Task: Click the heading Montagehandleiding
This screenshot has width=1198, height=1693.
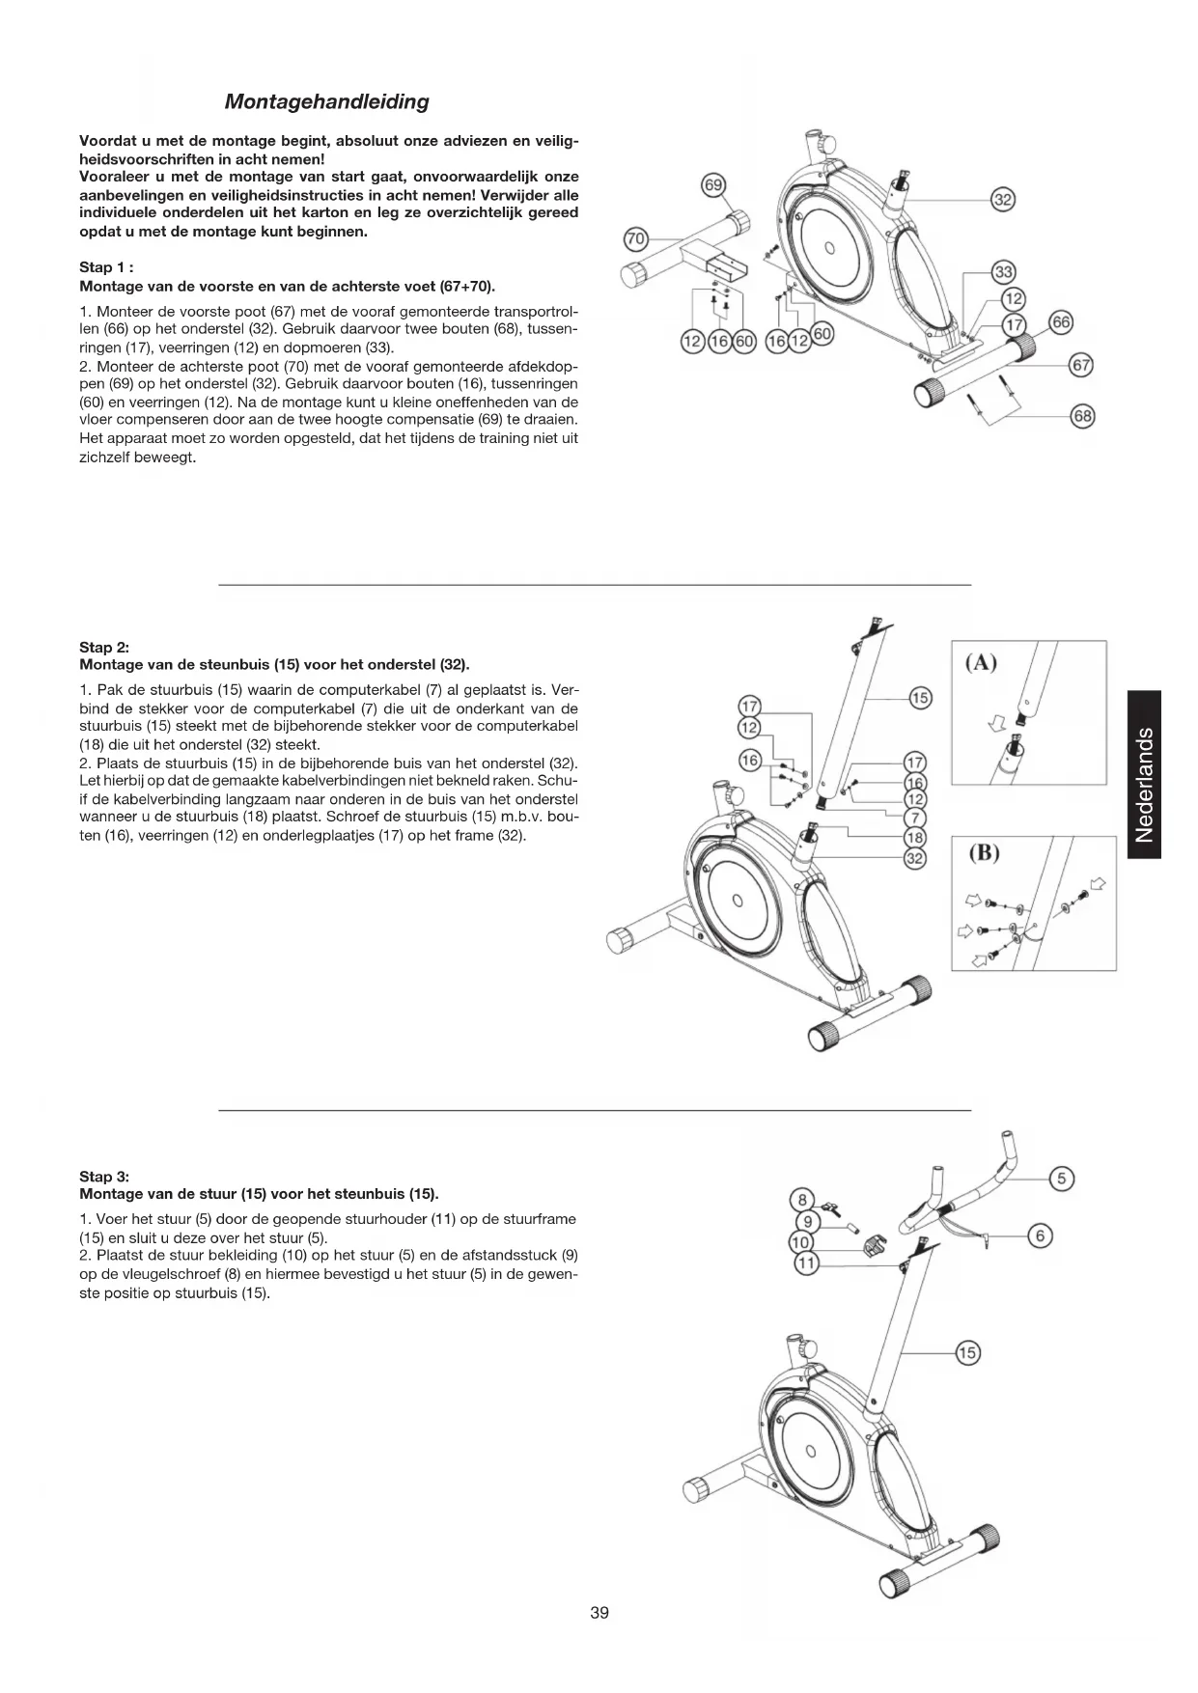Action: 326,101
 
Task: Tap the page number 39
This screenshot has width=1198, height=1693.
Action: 599,1613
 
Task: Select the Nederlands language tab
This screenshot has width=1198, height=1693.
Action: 1144,774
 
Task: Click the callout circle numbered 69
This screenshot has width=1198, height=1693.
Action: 712,185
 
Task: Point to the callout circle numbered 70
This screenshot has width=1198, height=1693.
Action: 635,237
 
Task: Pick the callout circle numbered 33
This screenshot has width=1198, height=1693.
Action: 1004,273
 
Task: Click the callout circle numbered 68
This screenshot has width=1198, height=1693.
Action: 1083,416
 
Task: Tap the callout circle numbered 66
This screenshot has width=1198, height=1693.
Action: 1061,321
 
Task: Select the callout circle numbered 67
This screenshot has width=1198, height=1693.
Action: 1083,365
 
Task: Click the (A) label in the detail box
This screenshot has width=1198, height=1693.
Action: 981,662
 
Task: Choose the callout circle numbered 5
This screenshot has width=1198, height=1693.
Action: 1062,1178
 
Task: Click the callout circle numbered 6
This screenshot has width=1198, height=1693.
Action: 1040,1235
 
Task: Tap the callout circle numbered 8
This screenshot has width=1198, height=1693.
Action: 802,1201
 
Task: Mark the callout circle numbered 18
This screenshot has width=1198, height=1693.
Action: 914,837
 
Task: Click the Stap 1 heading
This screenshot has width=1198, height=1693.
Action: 105,267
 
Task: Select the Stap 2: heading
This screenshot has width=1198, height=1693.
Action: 104,648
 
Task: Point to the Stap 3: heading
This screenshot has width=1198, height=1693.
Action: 104,1177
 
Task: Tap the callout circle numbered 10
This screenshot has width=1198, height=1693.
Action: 802,1241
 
